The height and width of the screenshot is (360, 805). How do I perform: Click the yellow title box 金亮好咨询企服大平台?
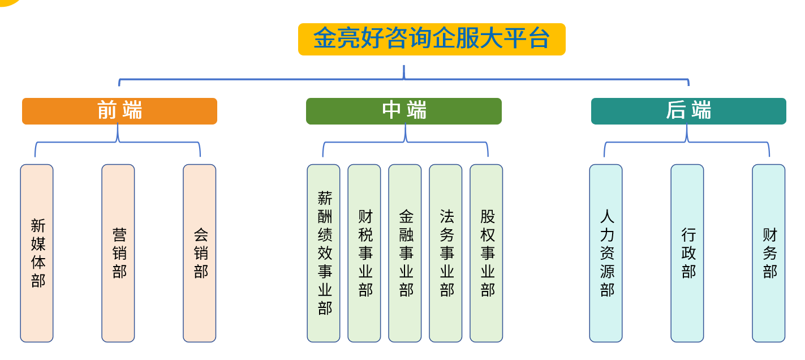click(x=432, y=39)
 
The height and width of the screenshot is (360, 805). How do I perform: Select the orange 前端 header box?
click(x=119, y=111)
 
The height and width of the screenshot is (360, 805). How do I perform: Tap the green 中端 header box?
click(x=404, y=111)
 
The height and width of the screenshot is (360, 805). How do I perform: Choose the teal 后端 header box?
click(x=688, y=111)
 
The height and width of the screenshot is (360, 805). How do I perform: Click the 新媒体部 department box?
click(x=37, y=253)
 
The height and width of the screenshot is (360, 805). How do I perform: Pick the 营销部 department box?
click(x=118, y=253)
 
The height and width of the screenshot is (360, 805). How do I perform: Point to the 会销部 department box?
click(x=200, y=253)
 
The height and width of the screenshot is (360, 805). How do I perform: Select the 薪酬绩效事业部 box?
click(x=324, y=253)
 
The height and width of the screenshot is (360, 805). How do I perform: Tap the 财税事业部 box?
click(x=364, y=253)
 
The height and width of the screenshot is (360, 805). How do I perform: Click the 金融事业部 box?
click(x=405, y=253)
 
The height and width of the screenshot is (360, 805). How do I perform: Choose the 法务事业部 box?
click(x=446, y=253)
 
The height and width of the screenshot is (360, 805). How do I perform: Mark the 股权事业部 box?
click(x=487, y=253)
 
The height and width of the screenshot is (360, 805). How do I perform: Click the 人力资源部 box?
click(x=606, y=253)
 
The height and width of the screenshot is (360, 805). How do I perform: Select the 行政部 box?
click(x=687, y=253)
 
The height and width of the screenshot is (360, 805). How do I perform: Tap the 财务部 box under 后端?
click(x=769, y=253)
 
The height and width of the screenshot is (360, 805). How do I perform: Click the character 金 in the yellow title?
click(x=325, y=39)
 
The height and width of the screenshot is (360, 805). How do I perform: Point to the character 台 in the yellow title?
click(x=539, y=39)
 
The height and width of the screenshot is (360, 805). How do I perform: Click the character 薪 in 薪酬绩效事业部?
click(x=325, y=198)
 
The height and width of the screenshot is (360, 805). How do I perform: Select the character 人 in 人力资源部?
click(x=607, y=217)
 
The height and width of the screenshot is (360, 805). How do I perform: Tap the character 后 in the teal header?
click(x=677, y=110)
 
